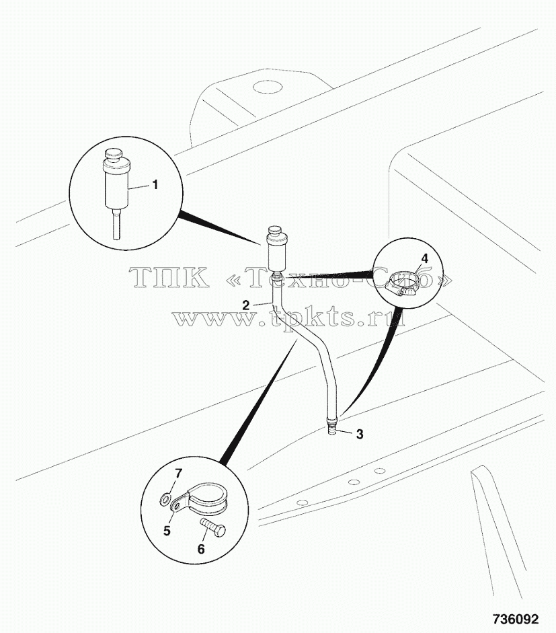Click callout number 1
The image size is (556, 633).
click(155, 185)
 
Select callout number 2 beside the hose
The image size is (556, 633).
click(246, 305)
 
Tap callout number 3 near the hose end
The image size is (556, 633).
click(360, 435)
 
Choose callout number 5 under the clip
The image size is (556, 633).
click(167, 530)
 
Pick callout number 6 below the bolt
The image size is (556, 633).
click(201, 549)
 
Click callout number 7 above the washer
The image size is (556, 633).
click(178, 473)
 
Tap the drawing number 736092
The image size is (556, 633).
click(515, 620)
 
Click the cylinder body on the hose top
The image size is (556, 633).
click(276, 256)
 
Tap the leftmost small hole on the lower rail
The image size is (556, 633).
click(301, 502)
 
